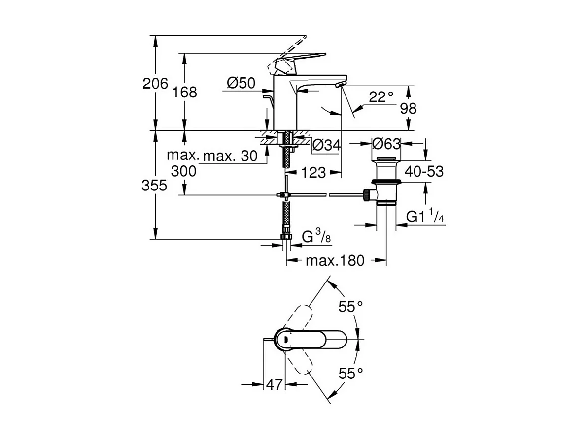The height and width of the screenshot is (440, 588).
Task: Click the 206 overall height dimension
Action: click(x=154, y=84)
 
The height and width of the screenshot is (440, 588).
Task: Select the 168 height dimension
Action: click(x=184, y=92)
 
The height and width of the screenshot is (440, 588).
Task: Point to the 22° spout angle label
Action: click(x=381, y=97)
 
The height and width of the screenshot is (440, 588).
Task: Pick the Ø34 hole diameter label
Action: click(x=326, y=145)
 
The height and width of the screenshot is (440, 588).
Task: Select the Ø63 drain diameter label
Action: click(x=386, y=144)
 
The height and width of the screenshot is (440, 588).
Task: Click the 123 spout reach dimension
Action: click(x=313, y=172)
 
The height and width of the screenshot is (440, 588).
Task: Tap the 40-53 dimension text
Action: click(x=424, y=171)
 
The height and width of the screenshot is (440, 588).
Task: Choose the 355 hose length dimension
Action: click(x=154, y=186)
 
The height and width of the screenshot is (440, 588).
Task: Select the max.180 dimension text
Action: click(x=335, y=260)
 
